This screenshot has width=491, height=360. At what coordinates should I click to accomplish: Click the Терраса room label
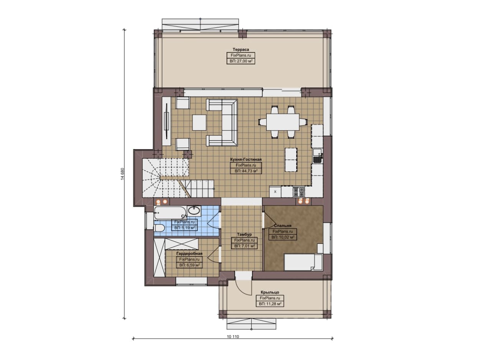241,49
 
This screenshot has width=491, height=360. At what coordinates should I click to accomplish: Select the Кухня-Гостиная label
246,159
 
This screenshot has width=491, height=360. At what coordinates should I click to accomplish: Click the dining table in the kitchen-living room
283,122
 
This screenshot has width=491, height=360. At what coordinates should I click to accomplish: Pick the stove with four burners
299,191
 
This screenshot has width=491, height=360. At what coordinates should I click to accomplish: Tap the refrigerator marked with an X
275,192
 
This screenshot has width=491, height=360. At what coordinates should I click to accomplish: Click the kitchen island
291,160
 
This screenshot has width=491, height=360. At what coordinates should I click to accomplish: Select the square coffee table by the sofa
199,122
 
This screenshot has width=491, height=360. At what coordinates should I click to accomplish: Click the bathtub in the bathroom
170,212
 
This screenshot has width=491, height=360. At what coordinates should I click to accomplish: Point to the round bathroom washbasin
194,211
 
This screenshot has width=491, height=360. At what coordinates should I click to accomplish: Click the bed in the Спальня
303,262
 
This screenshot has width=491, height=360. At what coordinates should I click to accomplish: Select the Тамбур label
244,235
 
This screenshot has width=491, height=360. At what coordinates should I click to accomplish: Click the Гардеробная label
189,253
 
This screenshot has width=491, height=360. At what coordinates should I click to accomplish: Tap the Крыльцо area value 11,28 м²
270,304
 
